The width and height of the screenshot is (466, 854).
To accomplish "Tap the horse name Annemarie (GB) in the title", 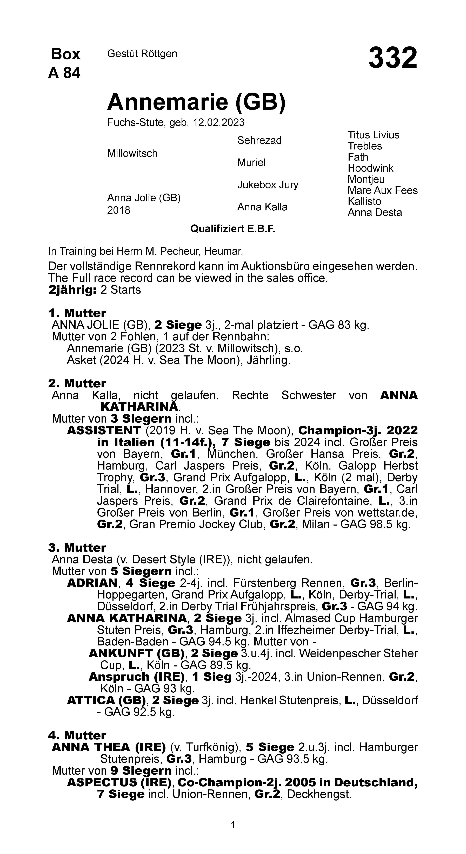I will coord(196,102).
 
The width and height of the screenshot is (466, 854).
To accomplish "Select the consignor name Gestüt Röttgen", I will coord(142,54).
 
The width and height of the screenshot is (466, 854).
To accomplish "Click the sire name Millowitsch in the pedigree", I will coord(132,154).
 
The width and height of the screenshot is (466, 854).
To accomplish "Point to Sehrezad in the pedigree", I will coord(259,141).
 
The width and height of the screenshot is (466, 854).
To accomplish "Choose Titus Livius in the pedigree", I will coord(373,135).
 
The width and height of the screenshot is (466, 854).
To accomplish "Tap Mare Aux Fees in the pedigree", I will coord(382,190).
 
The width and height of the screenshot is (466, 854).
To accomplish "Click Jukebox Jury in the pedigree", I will coord(268,185).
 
